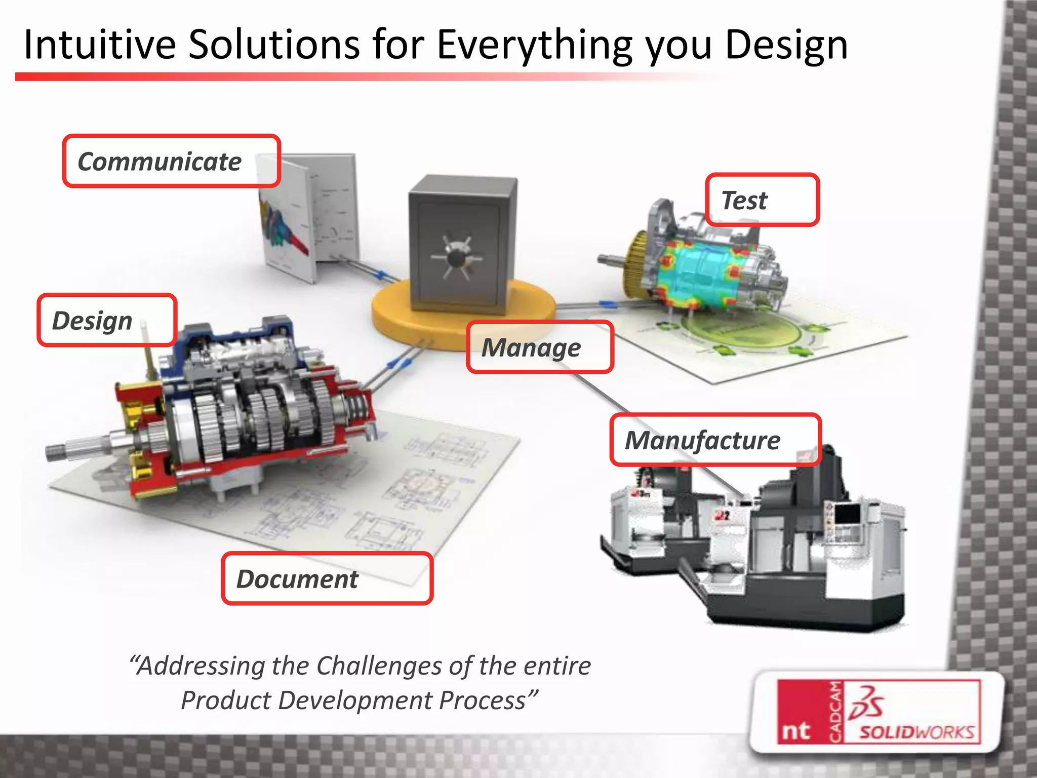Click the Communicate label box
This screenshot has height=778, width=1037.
coord(171,161)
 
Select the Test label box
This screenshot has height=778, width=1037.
coord(762,200)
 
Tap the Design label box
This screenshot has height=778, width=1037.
coord(107,320)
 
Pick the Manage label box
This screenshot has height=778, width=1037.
coord(540,347)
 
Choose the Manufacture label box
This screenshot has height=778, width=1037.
coord(715,440)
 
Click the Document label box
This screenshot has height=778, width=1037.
coord(327,578)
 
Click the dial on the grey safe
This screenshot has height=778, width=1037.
coord(457,257)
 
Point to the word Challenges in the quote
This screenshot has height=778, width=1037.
coord(379,666)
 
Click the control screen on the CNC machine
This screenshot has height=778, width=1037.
coord(847,514)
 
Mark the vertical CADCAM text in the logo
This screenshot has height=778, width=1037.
coord(836,712)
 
